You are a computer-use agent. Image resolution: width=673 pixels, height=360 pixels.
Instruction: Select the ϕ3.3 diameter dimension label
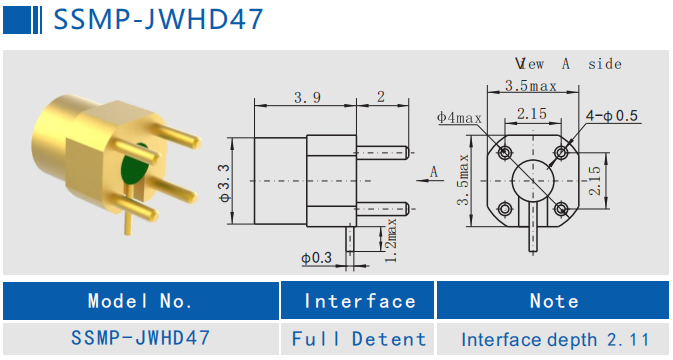pyautogui.click(x=225, y=180)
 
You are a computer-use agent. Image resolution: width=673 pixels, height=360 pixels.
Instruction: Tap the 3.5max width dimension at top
pyautogui.click(x=530, y=86)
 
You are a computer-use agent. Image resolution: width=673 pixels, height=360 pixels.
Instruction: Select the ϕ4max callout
pyautogui.click(x=459, y=118)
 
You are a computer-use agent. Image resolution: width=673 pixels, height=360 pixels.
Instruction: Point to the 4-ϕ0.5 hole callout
pyautogui.click(x=612, y=117)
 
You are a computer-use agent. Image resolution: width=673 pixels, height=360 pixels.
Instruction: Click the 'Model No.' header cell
pyautogui.click(x=140, y=301)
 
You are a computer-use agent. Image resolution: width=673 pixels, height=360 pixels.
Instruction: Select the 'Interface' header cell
pyautogui.click(x=359, y=301)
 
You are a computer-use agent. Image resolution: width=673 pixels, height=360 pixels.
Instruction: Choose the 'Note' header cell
pyautogui.click(x=553, y=301)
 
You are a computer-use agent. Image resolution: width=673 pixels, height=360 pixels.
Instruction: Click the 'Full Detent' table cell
pyautogui.click(x=359, y=339)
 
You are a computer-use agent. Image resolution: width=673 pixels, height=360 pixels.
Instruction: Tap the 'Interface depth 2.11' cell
pyautogui.click(x=553, y=339)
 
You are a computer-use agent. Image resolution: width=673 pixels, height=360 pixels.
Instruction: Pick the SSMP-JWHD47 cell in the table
pyautogui.click(x=140, y=339)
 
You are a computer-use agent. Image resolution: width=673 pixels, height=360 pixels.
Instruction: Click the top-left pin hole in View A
pyautogui.click(x=504, y=153)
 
